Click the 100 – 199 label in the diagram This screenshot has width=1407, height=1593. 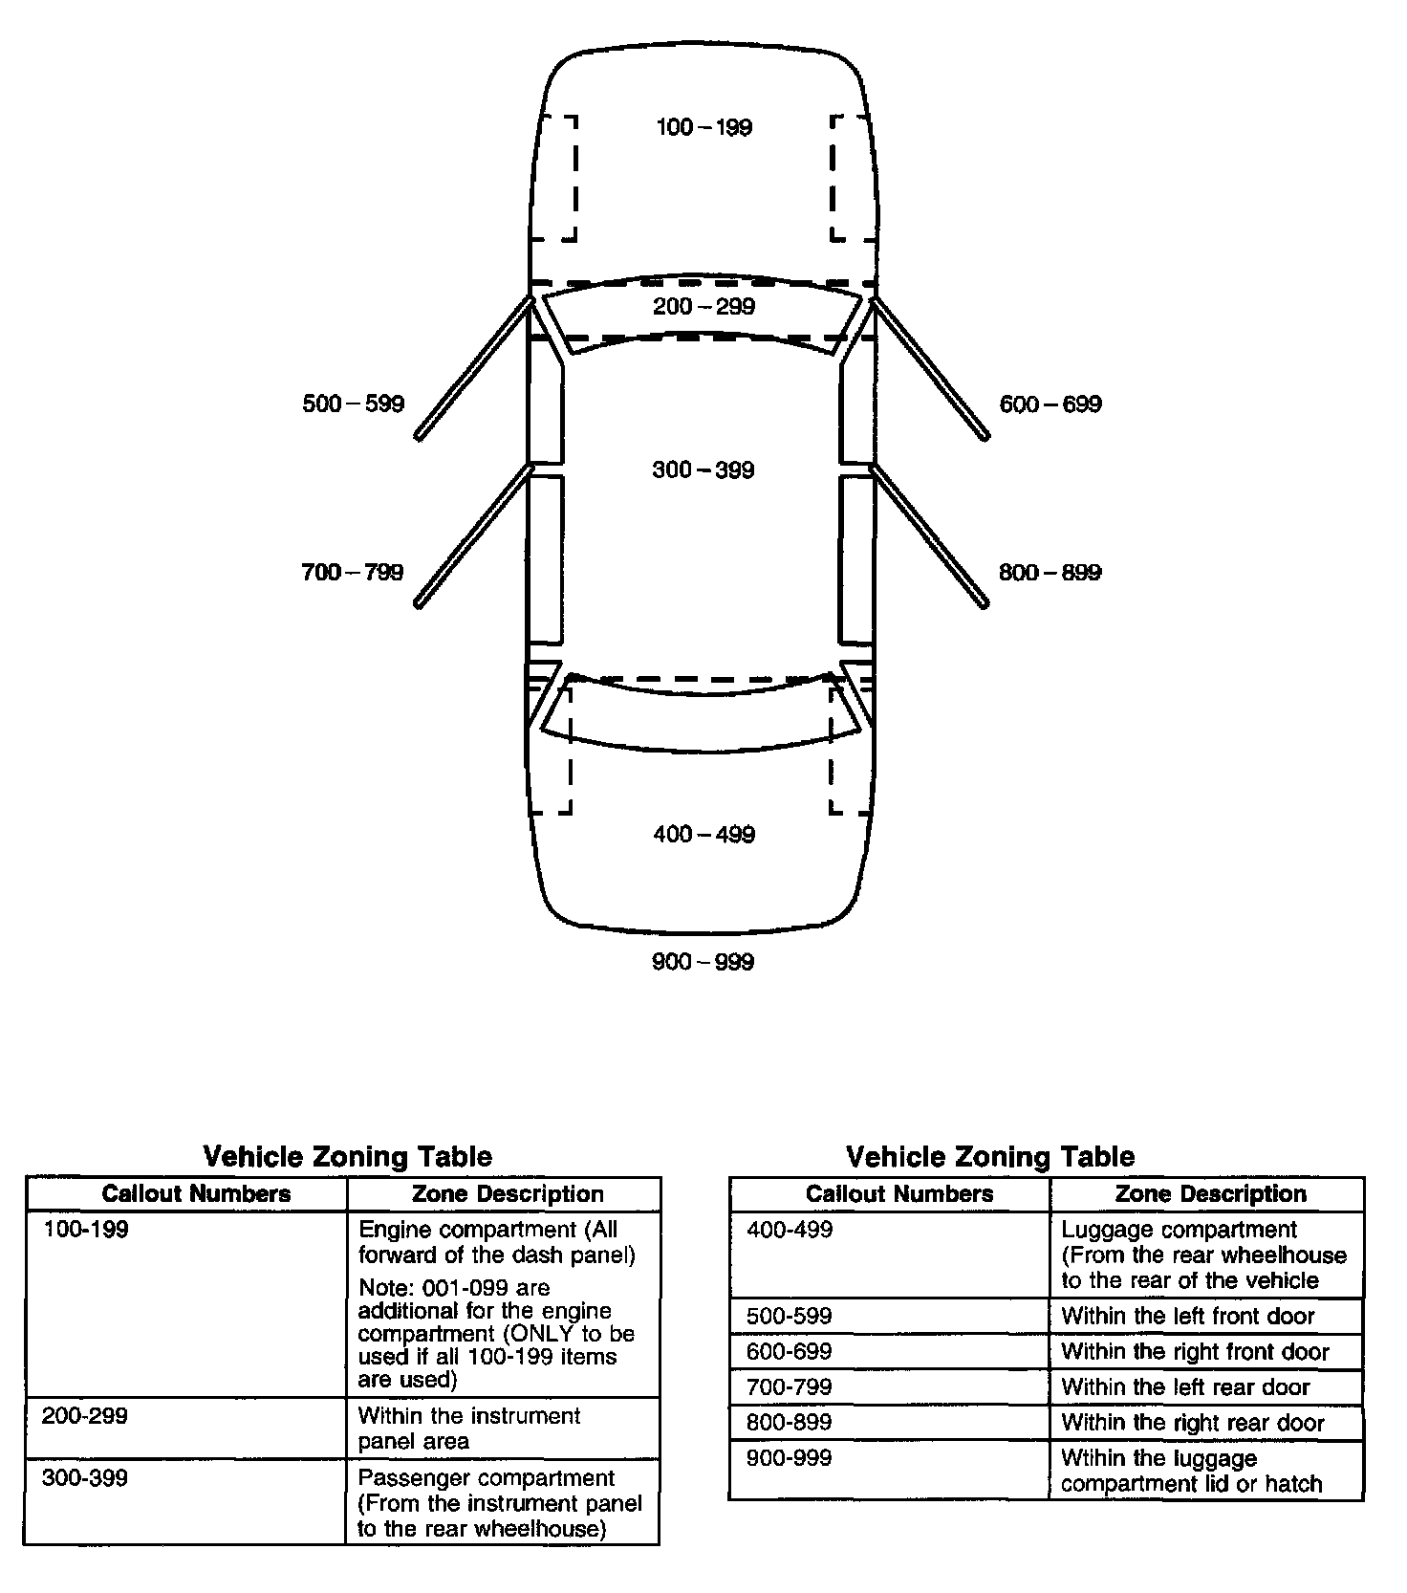(703, 127)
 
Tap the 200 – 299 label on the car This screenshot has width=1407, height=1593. (703, 307)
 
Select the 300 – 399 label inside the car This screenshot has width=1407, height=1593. (703, 470)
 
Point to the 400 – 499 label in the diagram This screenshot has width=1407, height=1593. (703, 835)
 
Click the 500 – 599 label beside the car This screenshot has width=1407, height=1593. (353, 404)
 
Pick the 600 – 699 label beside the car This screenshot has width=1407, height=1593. (1050, 404)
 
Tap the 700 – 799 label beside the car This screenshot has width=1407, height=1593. (353, 573)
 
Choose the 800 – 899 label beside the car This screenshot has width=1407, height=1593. (1050, 573)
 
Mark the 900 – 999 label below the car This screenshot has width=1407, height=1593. (703, 962)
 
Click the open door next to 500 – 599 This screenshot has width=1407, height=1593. (474, 368)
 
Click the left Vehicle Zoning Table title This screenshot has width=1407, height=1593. (347, 1157)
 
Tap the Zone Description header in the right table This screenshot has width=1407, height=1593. (1210, 1194)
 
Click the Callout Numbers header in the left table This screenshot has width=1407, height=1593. (196, 1194)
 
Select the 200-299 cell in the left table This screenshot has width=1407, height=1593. (85, 1416)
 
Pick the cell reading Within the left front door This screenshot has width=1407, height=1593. (1188, 1317)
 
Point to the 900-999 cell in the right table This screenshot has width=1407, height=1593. (789, 1458)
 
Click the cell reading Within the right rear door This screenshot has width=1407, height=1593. (1192, 1423)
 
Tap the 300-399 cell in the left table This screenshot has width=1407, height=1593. (85, 1478)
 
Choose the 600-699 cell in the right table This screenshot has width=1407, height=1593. (789, 1352)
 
